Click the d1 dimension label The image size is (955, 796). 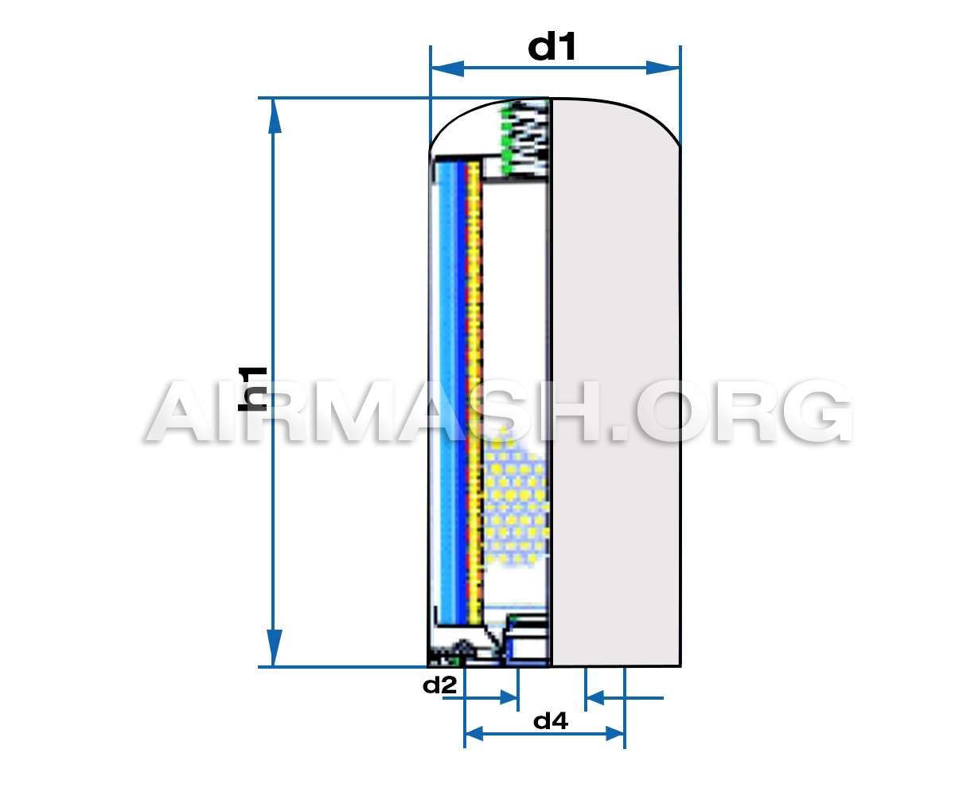552,46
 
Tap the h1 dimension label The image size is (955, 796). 252,389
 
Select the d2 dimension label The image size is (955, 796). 439,685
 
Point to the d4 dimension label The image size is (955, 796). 551,721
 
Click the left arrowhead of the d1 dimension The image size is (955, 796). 447,68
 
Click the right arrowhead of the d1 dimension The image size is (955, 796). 663,68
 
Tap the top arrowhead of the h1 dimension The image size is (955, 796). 274,116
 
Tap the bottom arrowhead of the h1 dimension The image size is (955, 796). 274,647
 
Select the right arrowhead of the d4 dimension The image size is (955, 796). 615,734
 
